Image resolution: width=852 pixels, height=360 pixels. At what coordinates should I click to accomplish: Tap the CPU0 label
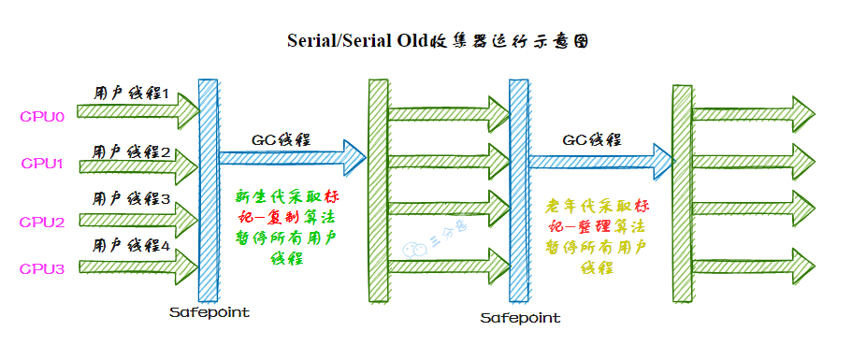point(42,118)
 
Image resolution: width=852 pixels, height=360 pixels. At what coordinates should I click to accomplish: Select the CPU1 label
point(42,164)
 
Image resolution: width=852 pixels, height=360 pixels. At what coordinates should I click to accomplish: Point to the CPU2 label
point(42,223)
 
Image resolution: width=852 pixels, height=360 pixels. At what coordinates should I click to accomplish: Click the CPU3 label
point(42,269)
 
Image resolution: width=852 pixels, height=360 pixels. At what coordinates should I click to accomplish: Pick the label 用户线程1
point(132,94)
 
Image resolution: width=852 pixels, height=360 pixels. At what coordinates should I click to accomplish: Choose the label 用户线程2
point(132,152)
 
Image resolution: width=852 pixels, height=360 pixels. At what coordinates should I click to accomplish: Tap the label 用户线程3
point(132,199)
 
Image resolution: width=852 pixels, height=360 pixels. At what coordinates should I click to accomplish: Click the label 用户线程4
point(132,247)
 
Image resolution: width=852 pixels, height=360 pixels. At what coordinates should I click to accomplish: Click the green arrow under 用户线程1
point(137,113)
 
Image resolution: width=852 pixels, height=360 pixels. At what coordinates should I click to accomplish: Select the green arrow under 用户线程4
point(137,266)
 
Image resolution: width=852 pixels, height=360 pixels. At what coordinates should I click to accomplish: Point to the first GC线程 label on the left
point(281,139)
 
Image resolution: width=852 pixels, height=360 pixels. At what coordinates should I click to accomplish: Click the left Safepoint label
point(210,311)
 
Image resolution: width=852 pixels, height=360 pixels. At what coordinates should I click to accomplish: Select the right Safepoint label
point(520,318)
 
